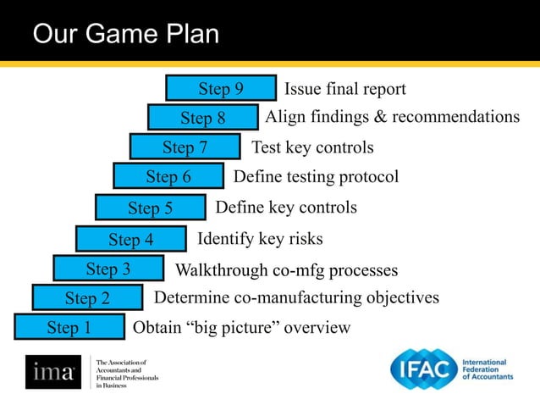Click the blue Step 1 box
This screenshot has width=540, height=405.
click(69, 328)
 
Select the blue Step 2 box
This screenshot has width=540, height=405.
click(87, 298)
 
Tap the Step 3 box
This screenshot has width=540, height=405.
click(107, 269)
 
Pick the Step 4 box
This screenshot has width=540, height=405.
click(130, 240)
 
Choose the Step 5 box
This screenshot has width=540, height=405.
click(150, 208)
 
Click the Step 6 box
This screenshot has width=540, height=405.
click(168, 177)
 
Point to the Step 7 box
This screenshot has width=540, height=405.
click(185, 147)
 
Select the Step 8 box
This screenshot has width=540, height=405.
click(202, 118)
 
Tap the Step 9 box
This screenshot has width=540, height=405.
click(220, 89)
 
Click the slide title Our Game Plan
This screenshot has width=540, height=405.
click(125, 35)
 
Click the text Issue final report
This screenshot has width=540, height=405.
click(344, 90)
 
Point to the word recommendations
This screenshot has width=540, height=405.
click(454, 117)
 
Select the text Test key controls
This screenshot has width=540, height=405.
click(312, 147)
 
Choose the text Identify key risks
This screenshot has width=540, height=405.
click(260, 239)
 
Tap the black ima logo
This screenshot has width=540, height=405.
click(52, 372)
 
